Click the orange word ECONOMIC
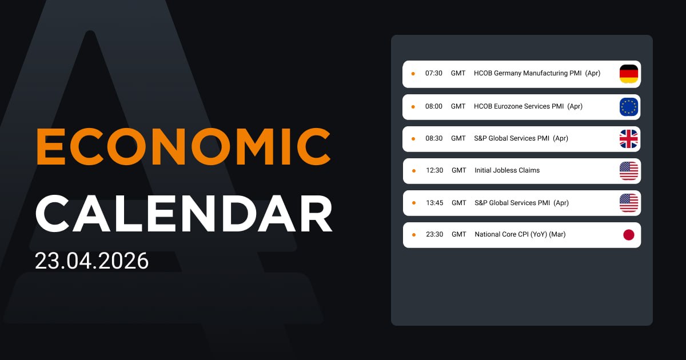(184, 147)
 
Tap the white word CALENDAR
(184, 213)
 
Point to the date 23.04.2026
(91, 261)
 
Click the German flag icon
(628, 74)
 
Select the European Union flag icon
(628, 107)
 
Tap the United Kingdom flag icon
(628, 139)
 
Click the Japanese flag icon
(628, 235)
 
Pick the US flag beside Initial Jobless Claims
(628, 171)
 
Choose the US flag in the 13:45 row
(628, 203)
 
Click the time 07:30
(433, 74)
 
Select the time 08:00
(433, 107)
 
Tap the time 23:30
(434, 235)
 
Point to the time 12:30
(434, 171)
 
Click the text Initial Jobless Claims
(506, 171)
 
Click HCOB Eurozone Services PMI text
(519, 107)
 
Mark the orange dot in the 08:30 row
(413, 139)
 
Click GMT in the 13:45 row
(458, 203)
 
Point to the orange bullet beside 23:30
(413, 235)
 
